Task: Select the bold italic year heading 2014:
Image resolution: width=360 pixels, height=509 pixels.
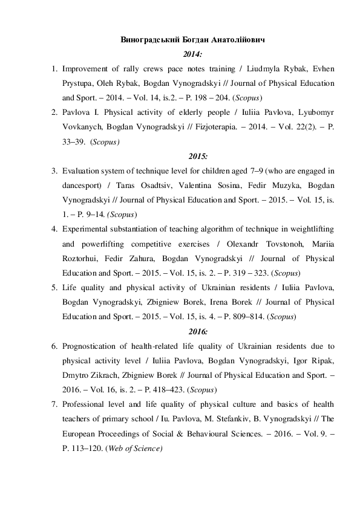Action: (180, 54)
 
